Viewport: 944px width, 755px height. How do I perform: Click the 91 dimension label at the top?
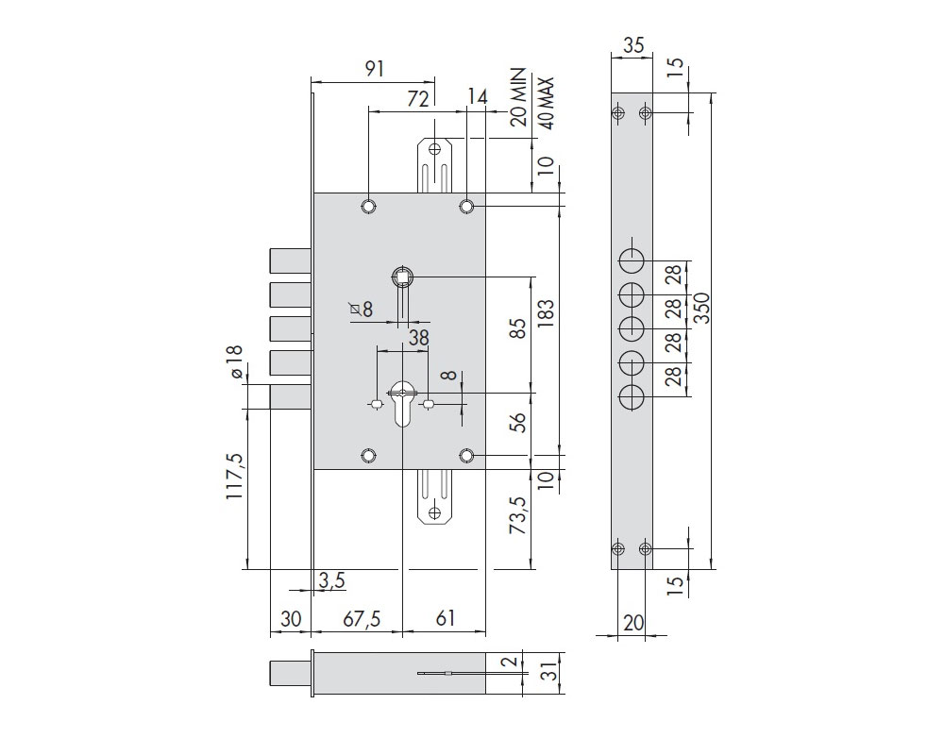pyautogui.click(x=375, y=69)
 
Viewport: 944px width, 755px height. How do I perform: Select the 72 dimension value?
pyautogui.click(x=418, y=99)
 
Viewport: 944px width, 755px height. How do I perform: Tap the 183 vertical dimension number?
pyautogui.click(x=546, y=313)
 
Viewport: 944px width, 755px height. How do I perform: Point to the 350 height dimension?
pyautogui.click(x=702, y=309)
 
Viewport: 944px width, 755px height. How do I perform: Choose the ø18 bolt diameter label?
pyautogui.click(x=235, y=361)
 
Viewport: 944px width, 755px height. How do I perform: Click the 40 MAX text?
pyautogui.click(x=547, y=103)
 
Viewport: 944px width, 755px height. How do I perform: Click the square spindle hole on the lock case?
pyautogui.click(x=401, y=277)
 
